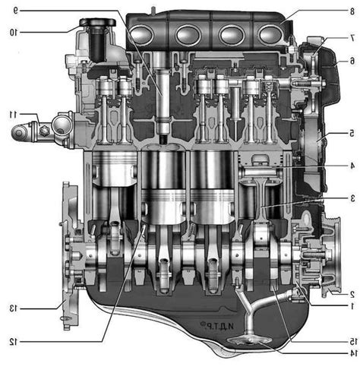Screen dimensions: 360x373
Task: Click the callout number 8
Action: [x=352, y=11]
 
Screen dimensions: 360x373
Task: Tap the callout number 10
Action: [x=14, y=33]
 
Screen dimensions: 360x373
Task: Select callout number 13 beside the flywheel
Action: [x=13, y=308]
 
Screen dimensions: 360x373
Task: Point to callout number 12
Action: [x=14, y=342]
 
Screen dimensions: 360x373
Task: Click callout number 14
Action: [x=353, y=352]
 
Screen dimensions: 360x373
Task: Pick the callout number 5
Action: [x=352, y=133]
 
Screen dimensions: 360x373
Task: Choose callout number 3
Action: [x=352, y=198]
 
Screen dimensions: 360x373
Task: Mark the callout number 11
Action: [x=13, y=115]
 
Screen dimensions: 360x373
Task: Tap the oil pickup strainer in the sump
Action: [x=250, y=340]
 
